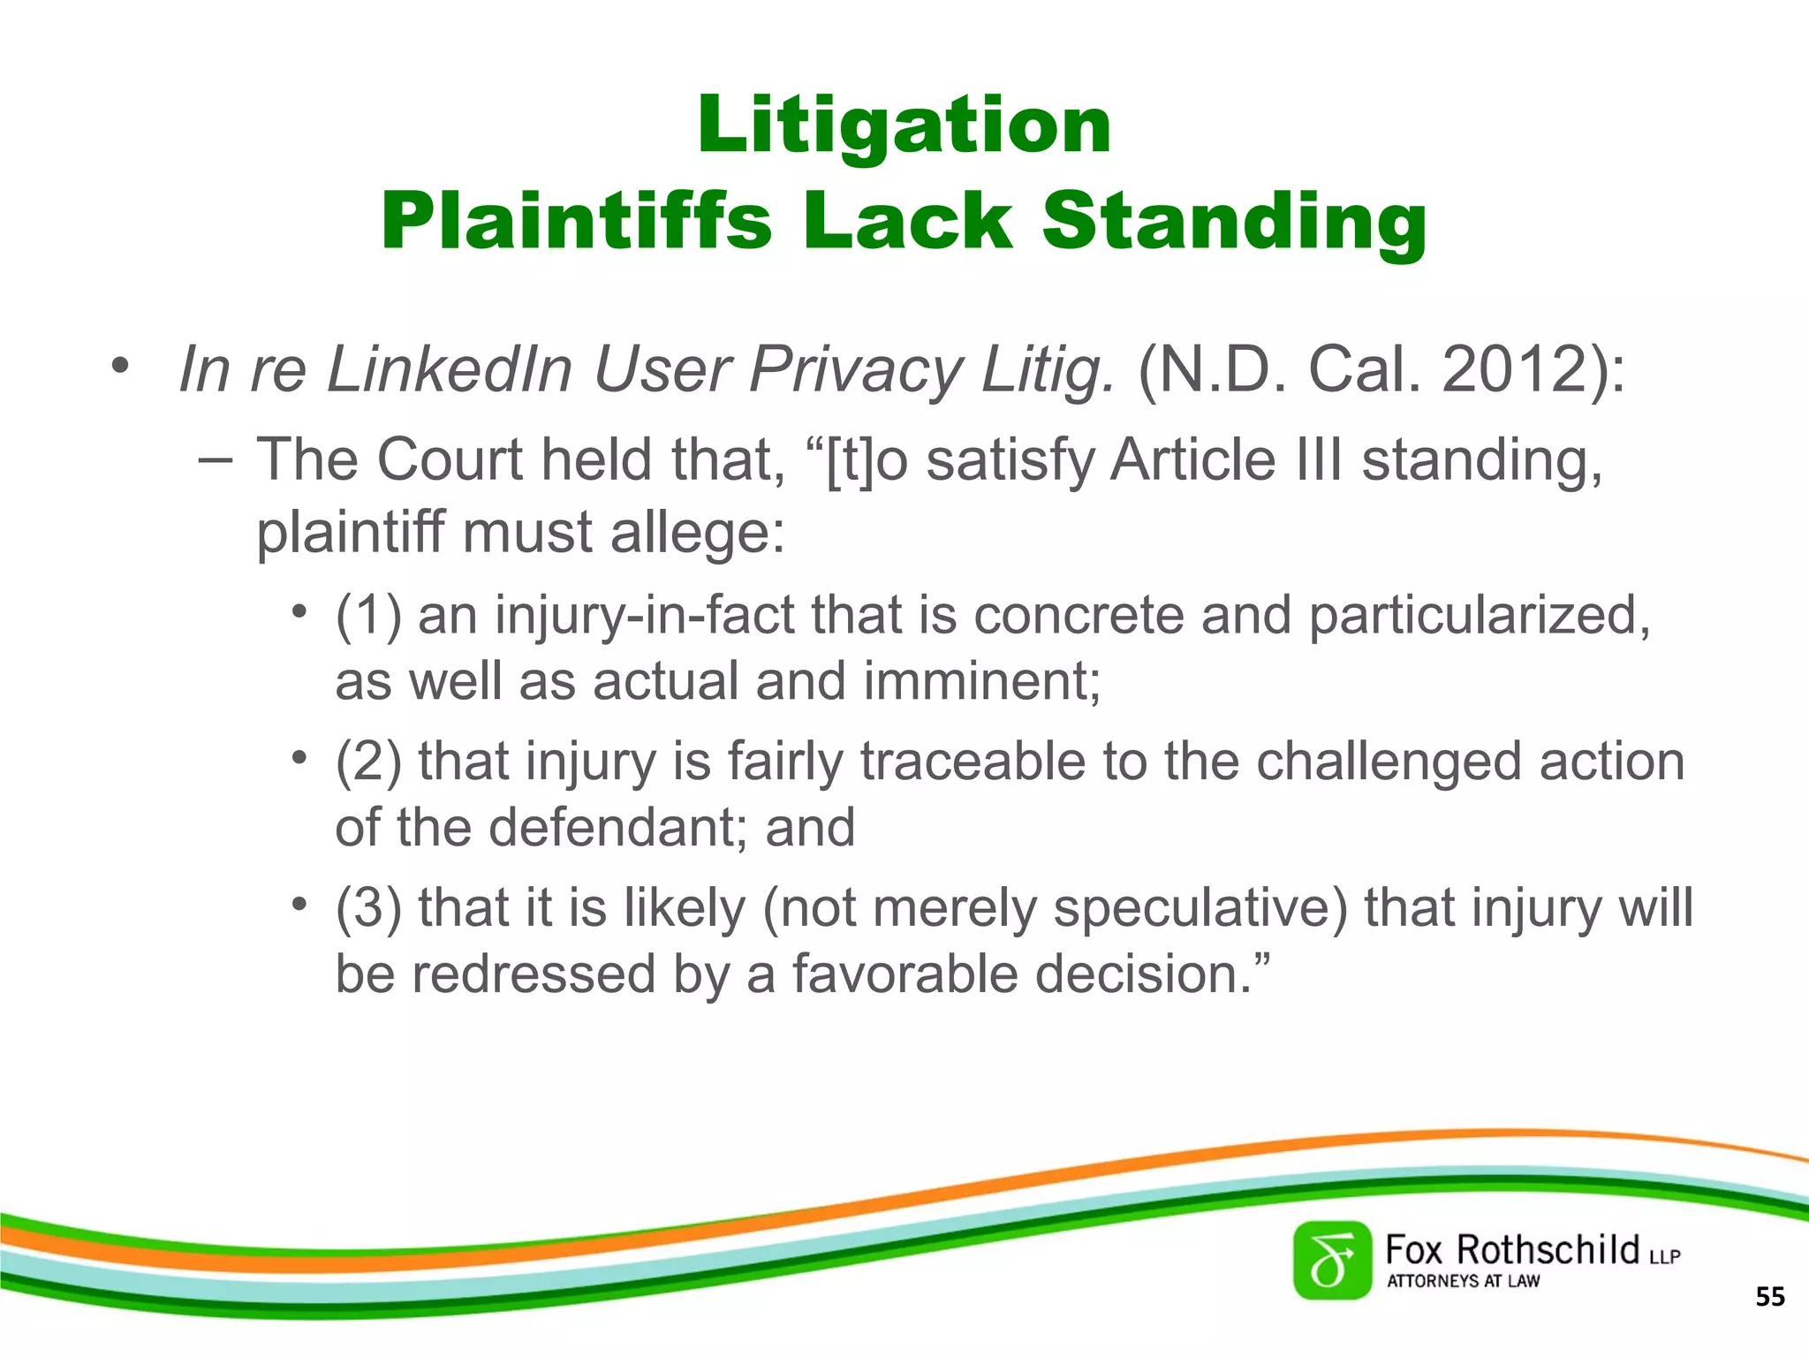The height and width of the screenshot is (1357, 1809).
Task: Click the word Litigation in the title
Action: click(x=904, y=125)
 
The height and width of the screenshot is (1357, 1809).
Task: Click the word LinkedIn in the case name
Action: click(x=450, y=369)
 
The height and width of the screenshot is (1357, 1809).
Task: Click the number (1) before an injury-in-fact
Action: click(x=367, y=615)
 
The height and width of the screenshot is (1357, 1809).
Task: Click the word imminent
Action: click(x=981, y=681)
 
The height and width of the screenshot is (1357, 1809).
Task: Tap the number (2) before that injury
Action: click(x=367, y=762)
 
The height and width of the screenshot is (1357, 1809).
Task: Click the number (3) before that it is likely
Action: click(x=367, y=908)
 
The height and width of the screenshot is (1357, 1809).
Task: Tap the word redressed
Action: click(x=534, y=974)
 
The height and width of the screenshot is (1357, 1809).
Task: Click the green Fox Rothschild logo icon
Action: click(x=1332, y=1261)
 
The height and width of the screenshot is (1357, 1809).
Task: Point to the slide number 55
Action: click(x=1769, y=1297)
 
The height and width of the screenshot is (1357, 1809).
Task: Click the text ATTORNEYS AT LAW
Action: click(x=1463, y=1281)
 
